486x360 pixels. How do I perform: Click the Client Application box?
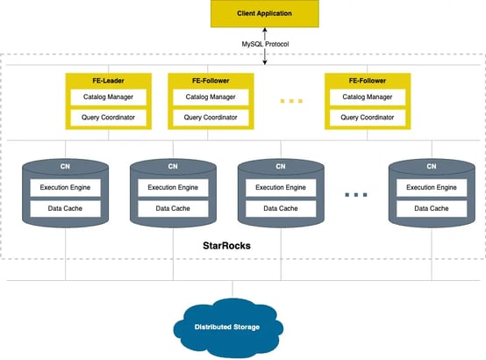265,15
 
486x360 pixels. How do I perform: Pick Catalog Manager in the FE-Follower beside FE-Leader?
210,97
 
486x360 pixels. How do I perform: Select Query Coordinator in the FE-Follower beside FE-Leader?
210,117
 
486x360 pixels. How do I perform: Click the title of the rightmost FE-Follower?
367,81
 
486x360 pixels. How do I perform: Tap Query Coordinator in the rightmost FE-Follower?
367,117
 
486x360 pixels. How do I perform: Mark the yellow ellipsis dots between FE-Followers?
291,102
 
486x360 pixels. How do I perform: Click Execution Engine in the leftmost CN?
65,187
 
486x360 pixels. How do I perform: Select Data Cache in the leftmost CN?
65,208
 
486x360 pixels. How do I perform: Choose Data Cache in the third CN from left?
281,208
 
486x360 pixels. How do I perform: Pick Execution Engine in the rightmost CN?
431,187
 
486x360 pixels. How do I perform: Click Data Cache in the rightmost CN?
431,208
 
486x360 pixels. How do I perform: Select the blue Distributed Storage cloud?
227,328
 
